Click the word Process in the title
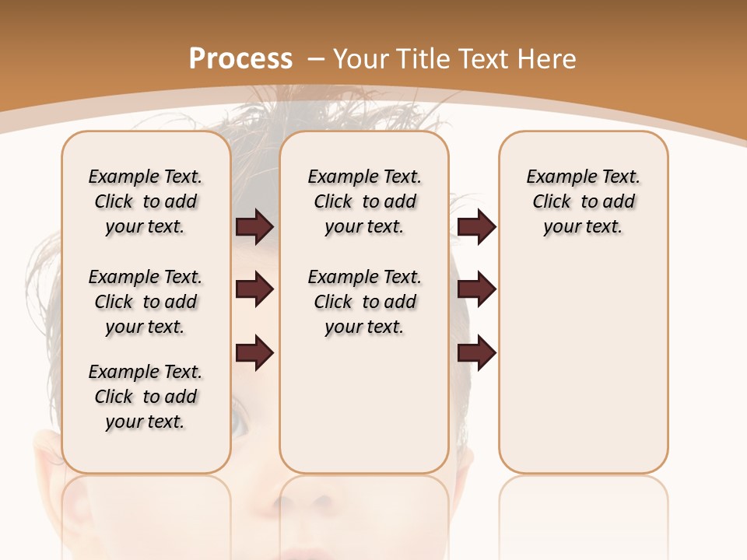click(240, 59)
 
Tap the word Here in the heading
click(548, 59)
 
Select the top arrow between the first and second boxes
click(254, 226)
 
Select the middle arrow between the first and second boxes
click(254, 289)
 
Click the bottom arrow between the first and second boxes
click(254, 353)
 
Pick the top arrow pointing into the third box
click(476, 226)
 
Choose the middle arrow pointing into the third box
click(476, 289)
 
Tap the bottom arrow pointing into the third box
click(476, 353)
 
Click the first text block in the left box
click(146, 201)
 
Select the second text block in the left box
click(146, 302)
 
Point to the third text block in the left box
click(146, 397)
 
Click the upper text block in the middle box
click(364, 201)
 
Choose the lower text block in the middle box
click(364, 302)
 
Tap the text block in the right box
click(583, 201)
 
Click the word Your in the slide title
click(363, 59)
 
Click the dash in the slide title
click(316, 59)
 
